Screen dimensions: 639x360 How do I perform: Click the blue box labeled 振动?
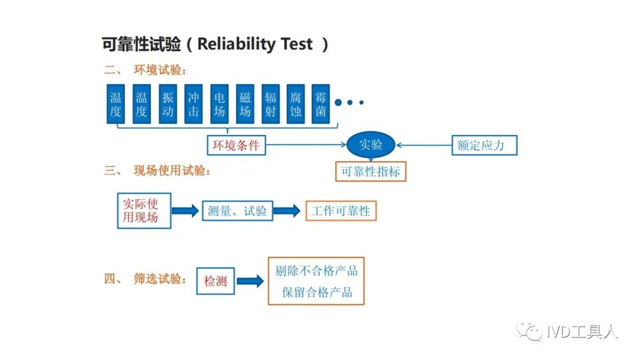pos(167,104)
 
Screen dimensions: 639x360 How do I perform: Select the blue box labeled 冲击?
pos(193,104)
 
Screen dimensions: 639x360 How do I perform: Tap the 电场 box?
pos(220,104)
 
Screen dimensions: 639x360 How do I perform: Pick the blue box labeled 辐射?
pos(270,104)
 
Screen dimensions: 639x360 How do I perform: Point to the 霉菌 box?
pos(320,104)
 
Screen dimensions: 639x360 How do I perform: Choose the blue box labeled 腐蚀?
pos(295,104)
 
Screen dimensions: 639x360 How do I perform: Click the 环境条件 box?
pos(236,145)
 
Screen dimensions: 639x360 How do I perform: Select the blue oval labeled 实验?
pos(371,144)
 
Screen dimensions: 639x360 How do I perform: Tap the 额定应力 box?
pos(485,145)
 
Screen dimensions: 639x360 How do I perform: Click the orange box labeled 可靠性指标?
pos(371,172)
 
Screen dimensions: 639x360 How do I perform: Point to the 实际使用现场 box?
pos(144,211)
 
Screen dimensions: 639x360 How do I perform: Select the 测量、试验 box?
pos(238,211)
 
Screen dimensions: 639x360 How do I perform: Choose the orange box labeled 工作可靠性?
pos(341,211)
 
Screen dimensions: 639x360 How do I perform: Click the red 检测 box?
pos(215,281)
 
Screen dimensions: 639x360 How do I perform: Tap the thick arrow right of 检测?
pos(250,281)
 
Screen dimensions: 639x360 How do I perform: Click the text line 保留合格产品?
pos(317,292)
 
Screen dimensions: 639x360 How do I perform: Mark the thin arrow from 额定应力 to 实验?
pos(424,144)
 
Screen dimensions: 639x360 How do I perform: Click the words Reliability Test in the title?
pos(255,44)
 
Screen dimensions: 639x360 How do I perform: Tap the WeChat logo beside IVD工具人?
pos(530,332)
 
